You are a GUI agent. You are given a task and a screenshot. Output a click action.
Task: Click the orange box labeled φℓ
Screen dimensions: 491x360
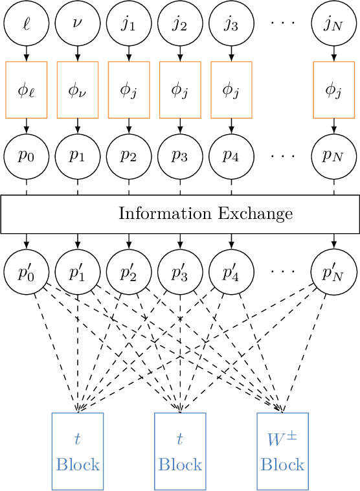click(26, 90)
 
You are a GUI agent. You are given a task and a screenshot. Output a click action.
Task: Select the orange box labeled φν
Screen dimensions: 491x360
click(78, 90)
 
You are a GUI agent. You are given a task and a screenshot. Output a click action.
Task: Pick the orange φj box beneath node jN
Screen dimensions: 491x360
click(333, 90)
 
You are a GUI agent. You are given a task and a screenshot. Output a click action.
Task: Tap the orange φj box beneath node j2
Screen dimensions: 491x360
click(180, 90)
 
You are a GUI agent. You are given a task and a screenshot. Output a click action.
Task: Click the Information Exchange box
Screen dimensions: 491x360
click(180, 214)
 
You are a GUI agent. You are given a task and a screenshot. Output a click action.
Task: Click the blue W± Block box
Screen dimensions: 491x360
click(282, 451)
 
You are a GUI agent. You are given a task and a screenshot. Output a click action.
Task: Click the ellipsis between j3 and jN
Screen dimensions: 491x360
click(282, 25)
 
